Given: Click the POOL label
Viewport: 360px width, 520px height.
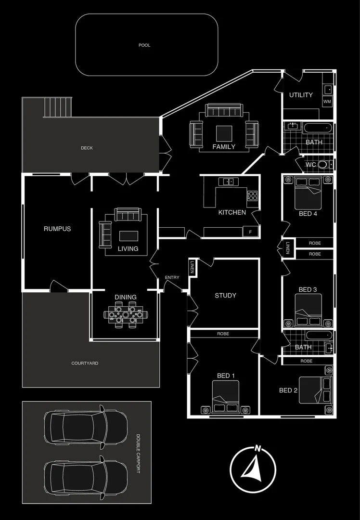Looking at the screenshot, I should pyautogui.click(x=144, y=45).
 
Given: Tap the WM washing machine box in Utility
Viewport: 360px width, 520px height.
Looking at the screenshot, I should pyautogui.click(x=327, y=102).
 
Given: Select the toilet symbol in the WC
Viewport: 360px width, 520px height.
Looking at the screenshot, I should pyautogui.click(x=323, y=165).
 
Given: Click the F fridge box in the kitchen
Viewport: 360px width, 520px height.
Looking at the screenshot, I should pyautogui.click(x=250, y=232).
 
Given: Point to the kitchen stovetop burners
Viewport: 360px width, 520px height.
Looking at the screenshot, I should pyautogui.click(x=252, y=195).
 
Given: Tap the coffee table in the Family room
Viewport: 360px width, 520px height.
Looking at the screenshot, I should pyautogui.click(x=224, y=133).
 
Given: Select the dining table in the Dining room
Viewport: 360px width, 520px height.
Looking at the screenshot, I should pyautogui.click(x=126, y=315).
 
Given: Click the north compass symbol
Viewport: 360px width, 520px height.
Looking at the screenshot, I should pyautogui.click(x=253, y=468).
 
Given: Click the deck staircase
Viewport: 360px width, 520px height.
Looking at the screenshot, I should pyautogui.click(x=58, y=107).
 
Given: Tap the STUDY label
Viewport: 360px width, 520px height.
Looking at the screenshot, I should pyautogui.click(x=225, y=296).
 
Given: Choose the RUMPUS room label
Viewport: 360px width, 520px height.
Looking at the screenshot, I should pyautogui.click(x=57, y=229).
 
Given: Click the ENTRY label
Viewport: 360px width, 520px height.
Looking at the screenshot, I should pyautogui.click(x=172, y=278).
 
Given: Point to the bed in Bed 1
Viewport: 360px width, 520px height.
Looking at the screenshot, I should pyautogui.click(x=225, y=397).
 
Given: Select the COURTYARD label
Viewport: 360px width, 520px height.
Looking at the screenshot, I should pyautogui.click(x=85, y=363).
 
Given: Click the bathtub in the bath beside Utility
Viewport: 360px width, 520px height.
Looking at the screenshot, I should pyautogui.click(x=318, y=129).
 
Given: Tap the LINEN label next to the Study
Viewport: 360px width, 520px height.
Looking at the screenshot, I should pyautogui.click(x=192, y=267).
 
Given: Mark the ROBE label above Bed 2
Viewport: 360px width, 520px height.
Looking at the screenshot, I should pyautogui.click(x=307, y=361).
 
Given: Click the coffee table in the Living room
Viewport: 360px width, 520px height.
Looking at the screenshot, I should pyautogui.click(x=128, y=235).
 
